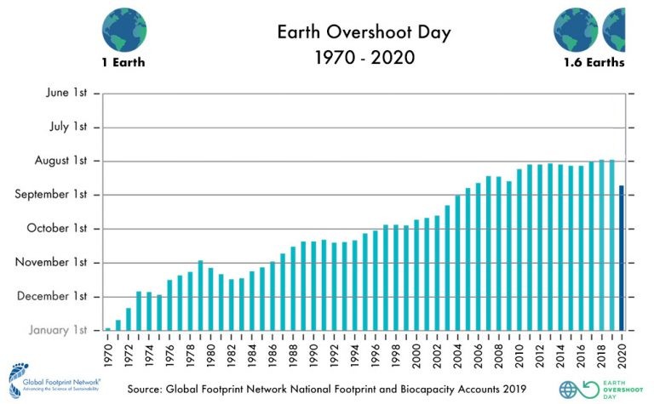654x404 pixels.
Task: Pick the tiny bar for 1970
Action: pos(107,328)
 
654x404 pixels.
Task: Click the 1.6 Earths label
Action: pos(594,63)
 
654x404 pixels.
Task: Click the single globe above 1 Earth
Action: pos(124,28)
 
